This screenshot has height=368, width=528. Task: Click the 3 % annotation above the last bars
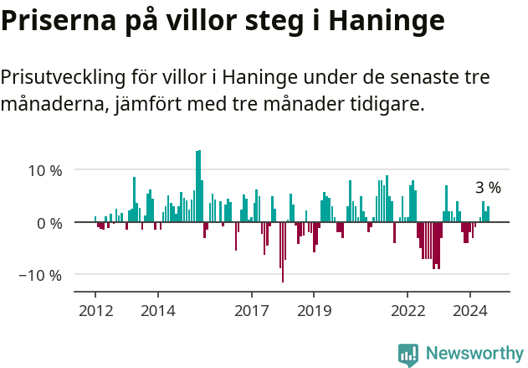pos(488,188)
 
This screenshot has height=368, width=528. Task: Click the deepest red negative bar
pos(283,251)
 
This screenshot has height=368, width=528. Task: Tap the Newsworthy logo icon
pos(408,354)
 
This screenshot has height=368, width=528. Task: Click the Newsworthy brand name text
pos(474,354)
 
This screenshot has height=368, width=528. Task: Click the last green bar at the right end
pos(488,215)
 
